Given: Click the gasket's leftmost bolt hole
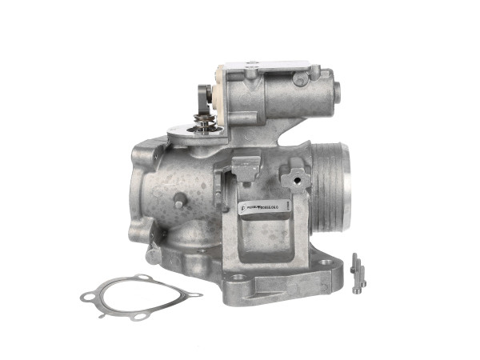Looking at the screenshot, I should (x=86, y=297).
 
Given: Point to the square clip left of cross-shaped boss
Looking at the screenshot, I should (x=246, y=167).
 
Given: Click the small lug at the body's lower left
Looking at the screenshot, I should (x=153, y=255).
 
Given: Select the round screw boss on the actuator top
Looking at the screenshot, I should (x=300, y=79).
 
